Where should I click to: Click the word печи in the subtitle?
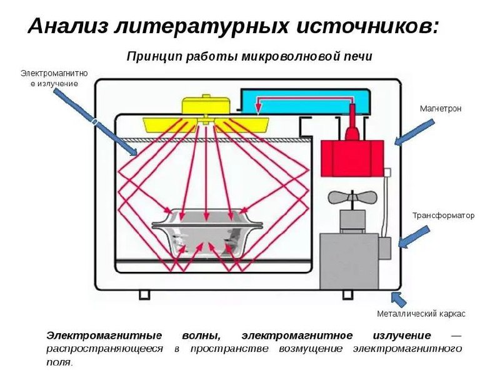pyautogui.click(x=358, y=57)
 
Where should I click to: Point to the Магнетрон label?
pyautogui.click(x=441, y=109)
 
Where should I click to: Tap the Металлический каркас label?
pyautogui.click(x=420, y=313)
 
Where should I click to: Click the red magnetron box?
pyautogui.click(x=352, y=157)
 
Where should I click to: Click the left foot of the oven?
pyautogui.click(x=144, y=294)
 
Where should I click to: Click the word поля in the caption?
pyautogui.click(x=59, y=362)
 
